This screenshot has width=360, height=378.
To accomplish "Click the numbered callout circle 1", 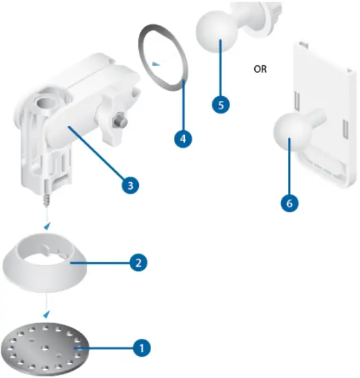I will coord(142,348).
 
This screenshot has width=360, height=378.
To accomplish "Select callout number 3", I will coord(128,184).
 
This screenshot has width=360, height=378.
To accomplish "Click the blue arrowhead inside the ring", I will coord(157,63).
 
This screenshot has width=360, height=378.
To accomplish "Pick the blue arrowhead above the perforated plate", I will coord(47,313).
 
